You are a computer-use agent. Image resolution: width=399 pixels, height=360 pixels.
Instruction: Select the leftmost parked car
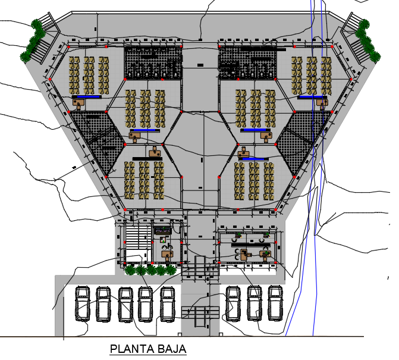[82, 303]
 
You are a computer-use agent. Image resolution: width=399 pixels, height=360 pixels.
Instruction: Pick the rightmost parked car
[275, 303]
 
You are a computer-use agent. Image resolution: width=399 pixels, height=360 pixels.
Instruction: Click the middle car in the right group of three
[255, 303]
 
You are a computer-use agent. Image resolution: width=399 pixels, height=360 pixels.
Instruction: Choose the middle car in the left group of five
[125, 304]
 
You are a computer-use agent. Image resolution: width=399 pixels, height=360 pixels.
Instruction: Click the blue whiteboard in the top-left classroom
[88, 97]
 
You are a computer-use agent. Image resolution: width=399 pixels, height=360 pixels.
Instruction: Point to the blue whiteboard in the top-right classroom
[311, 97]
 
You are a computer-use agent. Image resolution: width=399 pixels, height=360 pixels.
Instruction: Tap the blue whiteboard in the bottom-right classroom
[253, 159]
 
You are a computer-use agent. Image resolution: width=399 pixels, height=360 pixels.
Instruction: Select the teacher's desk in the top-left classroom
[78, 103]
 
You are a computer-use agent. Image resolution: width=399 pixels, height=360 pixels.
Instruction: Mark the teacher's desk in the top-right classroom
[322, 103]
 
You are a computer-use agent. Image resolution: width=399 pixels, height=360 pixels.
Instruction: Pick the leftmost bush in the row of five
[130, 270]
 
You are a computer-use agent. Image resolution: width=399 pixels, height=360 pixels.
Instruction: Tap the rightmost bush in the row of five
[171, 270]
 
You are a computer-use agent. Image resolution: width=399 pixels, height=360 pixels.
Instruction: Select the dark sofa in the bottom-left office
[162, 231]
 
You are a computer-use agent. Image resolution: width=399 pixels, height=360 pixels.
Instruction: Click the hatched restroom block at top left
[153, 62]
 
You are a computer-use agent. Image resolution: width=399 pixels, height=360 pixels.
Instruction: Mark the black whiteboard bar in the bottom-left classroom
[147, 159]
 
